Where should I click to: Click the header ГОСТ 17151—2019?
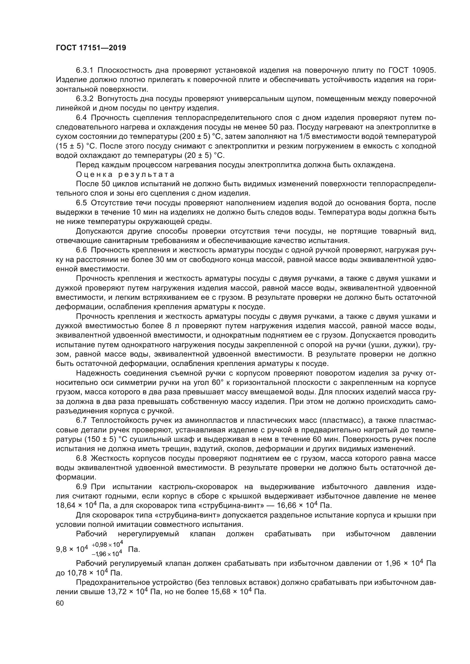point(91,48)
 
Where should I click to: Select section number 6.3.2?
point(84,99)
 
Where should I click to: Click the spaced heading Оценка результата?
point(125,174)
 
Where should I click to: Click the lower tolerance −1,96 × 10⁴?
point(107,554)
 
